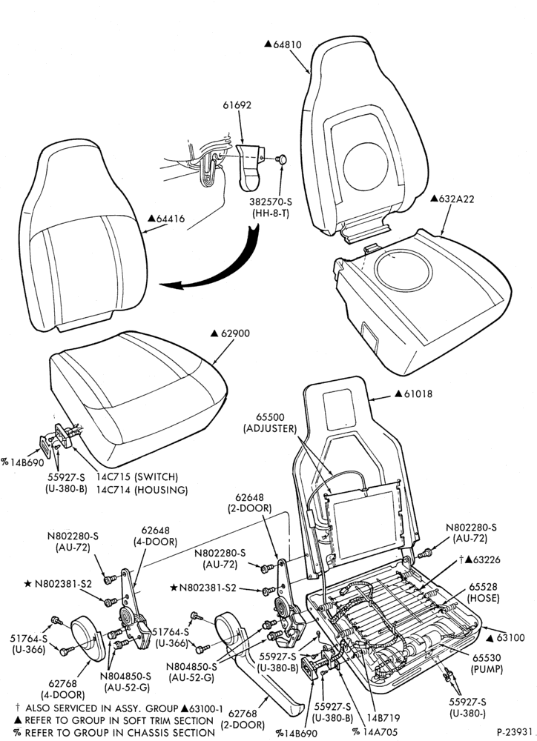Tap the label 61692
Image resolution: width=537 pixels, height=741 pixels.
(x=237, y=105)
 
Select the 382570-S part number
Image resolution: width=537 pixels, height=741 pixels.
(x=271, y=202)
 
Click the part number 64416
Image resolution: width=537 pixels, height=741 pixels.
(x=171, y=219)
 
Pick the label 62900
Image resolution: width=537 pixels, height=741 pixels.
(x=236, y=333)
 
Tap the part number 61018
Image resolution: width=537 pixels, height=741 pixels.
(x=418, y=393)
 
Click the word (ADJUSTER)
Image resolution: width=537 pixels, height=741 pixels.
(x=270, y=429)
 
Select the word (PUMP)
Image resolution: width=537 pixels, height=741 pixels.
(x=487, y=669)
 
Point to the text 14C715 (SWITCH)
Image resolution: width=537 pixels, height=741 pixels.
(x=137, y=476)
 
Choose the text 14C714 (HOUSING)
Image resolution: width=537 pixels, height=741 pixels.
(x=142, y=490)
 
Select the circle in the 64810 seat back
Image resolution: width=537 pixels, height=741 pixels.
(x=366, y=165)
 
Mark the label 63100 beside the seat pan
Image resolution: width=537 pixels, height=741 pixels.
(x=510, y=637)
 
